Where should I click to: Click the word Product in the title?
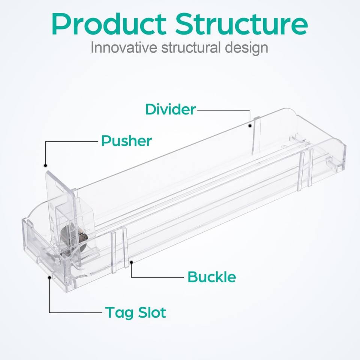(109, 24)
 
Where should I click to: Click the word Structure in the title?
(241, 24)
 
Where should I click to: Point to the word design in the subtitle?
(246, 48)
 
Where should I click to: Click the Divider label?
(171, 109)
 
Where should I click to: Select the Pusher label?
(126, 141)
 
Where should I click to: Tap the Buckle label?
(211, 277)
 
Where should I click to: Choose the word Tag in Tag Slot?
(120, 313)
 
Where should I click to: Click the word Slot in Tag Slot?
(152, 312)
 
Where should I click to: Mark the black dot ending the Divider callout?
(250, 126)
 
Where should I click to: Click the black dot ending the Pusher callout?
(45, 165)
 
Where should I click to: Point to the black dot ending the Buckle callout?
(131, 262)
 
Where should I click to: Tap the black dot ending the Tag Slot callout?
(49, 277)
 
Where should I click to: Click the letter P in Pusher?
(106, 141)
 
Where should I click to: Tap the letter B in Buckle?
(193, 277)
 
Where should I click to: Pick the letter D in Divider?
(151, 109)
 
